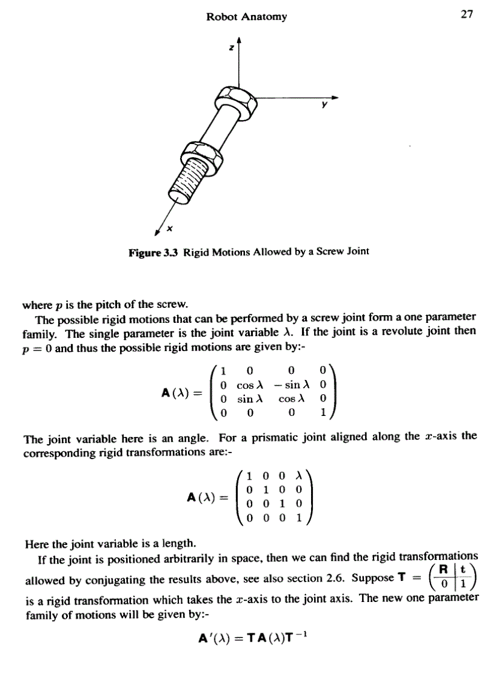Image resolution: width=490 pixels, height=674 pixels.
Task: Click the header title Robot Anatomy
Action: (246, 17)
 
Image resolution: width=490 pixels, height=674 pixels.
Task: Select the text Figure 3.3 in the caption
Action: (154, 251)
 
